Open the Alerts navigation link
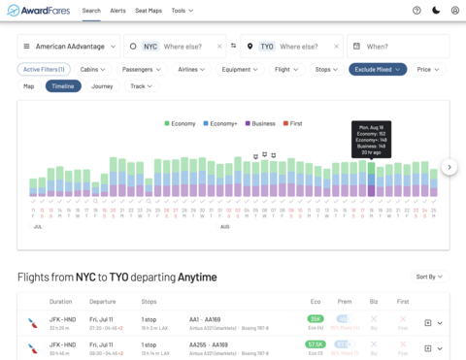[117, 10]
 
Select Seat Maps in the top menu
[149, 10]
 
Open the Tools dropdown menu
[183, 10]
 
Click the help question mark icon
[416, 10]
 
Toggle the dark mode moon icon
[436, 10]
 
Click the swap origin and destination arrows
[233, 46]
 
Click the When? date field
[397, 46]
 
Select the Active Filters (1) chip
[45, 69]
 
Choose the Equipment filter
[240, 69]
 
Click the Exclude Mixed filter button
[377, 69]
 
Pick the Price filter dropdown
[428, 69]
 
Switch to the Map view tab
[29, 86]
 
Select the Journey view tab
[102, 86]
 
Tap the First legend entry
[293, 123]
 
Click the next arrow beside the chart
[449, 167]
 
